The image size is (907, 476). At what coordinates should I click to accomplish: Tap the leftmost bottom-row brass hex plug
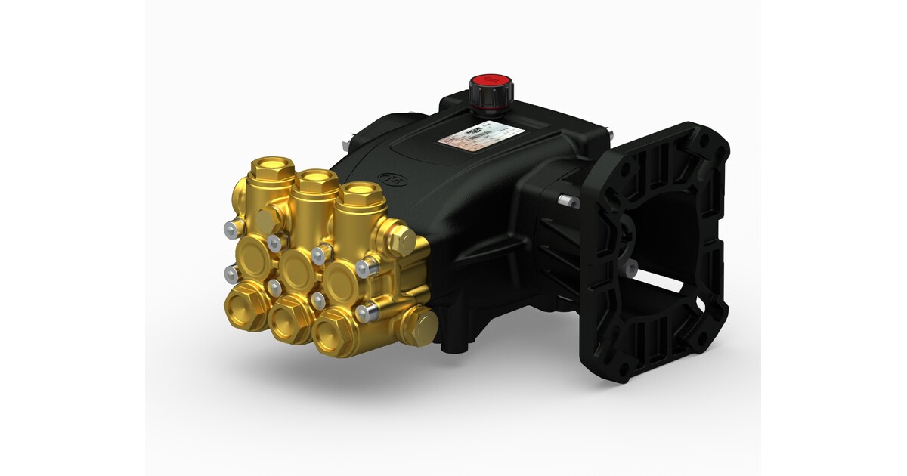pyautogui.click(x=245, y=304)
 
